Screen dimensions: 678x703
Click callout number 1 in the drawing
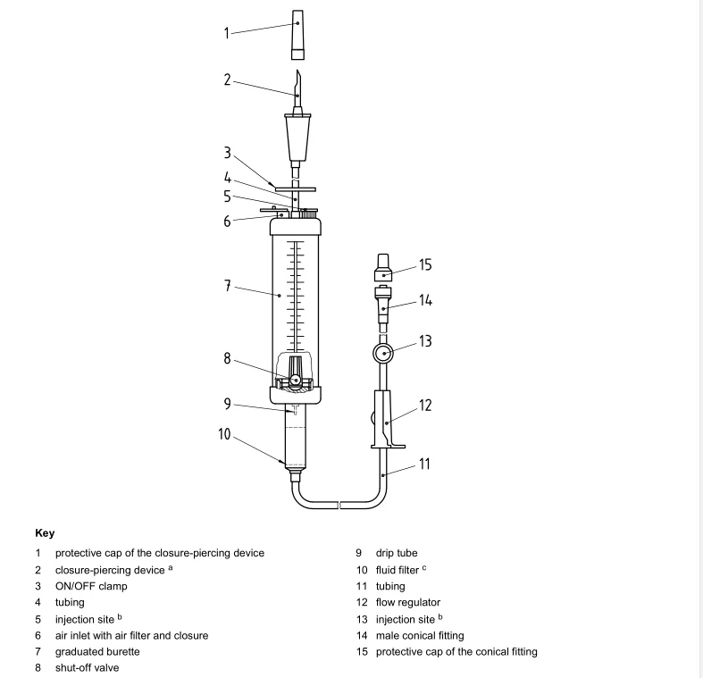[227, 34]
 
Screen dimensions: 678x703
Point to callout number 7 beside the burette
[227, 286]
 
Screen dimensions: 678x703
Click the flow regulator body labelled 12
[385, 420]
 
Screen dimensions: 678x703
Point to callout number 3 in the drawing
[227, 154]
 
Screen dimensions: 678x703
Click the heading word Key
[45, 532]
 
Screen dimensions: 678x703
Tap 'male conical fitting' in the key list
[418, 635]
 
